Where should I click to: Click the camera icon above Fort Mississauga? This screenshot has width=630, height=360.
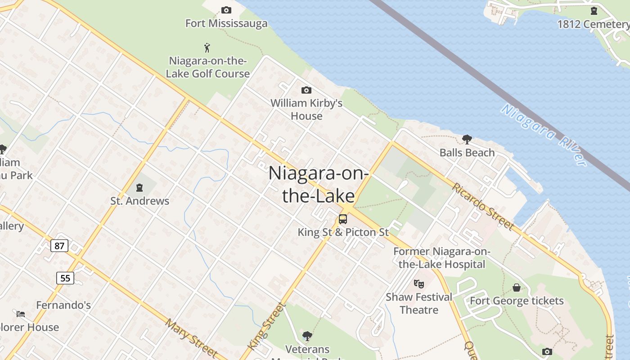[x=226, y=10]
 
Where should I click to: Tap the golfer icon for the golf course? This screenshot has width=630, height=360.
[x=207, y=47]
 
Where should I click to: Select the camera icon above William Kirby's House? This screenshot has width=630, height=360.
[x=306, y=90]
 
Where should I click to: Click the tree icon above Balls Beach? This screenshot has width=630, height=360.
[x=467, y=139]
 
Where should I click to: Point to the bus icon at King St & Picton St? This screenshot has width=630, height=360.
[x=343, y=219]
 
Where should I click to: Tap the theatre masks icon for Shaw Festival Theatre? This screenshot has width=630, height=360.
[x=419, y=283]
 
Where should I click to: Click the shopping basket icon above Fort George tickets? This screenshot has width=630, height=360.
[x=517, y=287]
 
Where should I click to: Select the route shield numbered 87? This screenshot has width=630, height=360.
[x=59, y=246]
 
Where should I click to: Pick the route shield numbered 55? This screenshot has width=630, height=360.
[x=65, y=278]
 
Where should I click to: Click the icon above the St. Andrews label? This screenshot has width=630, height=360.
[x=139, y=187]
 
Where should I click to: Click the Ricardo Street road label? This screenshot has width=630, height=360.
[x=483, y=206]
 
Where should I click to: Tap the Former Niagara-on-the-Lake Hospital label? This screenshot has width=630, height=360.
[x=441, y=258]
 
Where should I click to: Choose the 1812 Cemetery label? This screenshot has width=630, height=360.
[x=593, y=24]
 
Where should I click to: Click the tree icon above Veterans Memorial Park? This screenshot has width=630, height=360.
[x=307, y=336]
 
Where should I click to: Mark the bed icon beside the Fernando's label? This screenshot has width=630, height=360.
[x=21, y=314]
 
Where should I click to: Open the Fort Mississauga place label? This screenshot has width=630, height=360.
[x=226, y=23]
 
